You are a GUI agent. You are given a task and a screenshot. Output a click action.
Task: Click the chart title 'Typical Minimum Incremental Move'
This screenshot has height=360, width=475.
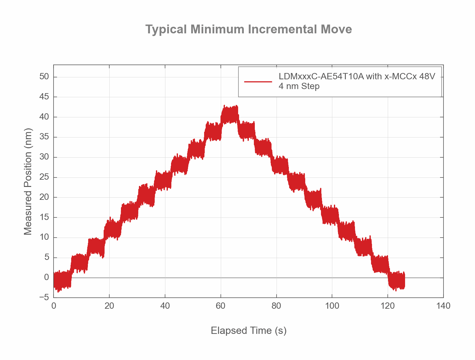pos(249,29)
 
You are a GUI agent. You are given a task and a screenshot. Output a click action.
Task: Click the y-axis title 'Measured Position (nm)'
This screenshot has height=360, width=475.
pos(28,182)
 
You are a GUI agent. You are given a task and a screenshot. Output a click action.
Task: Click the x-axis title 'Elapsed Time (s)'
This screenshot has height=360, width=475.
pos(249,331)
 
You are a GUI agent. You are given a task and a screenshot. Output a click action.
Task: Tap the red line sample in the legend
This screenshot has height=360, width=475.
pos(258,82)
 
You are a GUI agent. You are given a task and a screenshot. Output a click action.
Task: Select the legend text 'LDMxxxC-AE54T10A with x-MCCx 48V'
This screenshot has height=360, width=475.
pos(357,76)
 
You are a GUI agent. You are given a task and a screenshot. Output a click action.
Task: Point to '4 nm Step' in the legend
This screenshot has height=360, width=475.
pos(299,86)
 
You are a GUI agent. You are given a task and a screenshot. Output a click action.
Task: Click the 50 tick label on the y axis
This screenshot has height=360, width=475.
pos(44,77)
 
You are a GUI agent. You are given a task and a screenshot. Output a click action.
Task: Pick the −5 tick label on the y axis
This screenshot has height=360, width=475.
pos(44,298)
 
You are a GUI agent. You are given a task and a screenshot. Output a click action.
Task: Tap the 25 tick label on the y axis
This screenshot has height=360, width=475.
pos(44,177)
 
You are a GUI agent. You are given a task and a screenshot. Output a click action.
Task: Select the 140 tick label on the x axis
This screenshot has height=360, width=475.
pos(443,306)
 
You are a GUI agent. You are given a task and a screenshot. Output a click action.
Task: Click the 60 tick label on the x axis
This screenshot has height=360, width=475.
pos(220,306)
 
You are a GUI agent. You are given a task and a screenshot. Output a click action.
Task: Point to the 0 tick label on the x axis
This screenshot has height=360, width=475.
pos(54,306)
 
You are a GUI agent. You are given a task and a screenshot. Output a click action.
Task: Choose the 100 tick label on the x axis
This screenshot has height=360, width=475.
pos(332,306)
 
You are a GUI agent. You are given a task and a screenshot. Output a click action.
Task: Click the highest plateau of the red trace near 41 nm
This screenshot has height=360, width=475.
pos(229,115)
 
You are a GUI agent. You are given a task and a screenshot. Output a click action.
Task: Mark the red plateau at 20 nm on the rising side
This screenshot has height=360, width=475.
pos(146,195)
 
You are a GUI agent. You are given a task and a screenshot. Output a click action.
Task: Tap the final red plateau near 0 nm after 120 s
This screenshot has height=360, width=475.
pos(397,280)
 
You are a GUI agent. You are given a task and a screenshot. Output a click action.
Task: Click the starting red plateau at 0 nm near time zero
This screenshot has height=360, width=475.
pos(62,279)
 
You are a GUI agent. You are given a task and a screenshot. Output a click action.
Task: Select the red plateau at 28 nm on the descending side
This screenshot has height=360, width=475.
pos(280,165)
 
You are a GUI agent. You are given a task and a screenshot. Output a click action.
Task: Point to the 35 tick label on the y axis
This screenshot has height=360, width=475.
pos(44,137)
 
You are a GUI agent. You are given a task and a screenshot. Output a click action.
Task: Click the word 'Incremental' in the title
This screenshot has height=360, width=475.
pos(282,29)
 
